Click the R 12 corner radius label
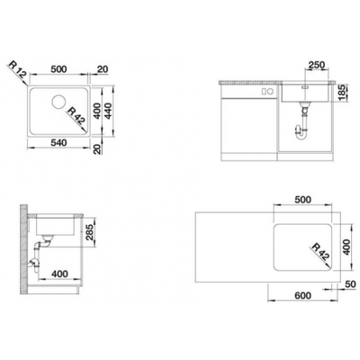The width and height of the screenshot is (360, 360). tap(18, 71)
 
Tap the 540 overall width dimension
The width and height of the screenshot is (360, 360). tap(58, 143)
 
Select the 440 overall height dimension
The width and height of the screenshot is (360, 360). tap(108, 111)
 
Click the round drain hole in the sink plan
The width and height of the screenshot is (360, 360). tap(58, 102)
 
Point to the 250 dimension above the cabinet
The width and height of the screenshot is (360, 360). tap(316, 65)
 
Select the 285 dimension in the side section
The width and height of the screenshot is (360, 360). tap(89, 232)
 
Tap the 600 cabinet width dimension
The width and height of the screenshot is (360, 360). tap(302, 295)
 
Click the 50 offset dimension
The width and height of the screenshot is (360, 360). tap(349, 283)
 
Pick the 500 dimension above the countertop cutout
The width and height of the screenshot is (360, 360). tap(303, 200)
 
